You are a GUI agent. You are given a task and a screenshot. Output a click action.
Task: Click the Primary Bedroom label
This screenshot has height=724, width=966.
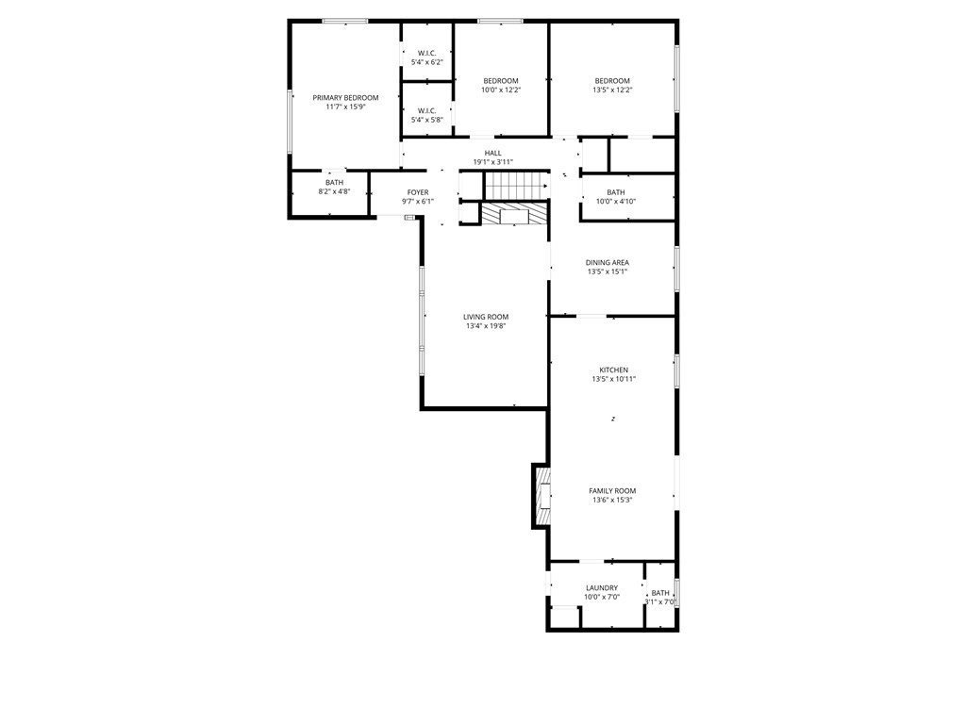[345, 98]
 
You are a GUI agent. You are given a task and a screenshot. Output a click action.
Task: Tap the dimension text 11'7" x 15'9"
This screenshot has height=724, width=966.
[345, 107]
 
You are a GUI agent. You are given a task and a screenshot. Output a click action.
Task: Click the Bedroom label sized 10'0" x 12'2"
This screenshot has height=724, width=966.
[501, 81]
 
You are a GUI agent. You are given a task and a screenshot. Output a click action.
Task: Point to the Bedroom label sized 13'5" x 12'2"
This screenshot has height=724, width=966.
[612, 81]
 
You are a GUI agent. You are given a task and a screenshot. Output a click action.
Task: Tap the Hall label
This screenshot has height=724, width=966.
[493, 153]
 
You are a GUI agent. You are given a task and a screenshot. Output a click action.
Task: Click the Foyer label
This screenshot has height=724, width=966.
[417, 192]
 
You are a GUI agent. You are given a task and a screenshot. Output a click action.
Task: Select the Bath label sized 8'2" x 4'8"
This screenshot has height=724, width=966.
[334, 183]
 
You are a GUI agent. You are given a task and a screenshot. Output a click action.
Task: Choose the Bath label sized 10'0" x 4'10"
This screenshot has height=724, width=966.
[616, 192]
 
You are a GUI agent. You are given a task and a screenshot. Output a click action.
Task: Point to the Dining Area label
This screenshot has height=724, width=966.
[608, 263]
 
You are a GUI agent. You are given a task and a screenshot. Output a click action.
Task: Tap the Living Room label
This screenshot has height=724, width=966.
[486, 317]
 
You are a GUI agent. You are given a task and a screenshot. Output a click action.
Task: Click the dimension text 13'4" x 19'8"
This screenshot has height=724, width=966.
[486, 326]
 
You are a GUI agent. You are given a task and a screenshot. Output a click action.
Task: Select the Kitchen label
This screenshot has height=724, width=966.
[613, 370]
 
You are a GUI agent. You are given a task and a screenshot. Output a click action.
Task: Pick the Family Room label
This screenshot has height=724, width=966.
[612, 491]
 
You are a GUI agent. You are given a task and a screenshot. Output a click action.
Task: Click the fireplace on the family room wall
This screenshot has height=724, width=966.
[541, 496]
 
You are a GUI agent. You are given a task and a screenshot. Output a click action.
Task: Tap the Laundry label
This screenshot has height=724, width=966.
[602, 588]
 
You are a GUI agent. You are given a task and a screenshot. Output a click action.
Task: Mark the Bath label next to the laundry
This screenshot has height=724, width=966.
[660, 593]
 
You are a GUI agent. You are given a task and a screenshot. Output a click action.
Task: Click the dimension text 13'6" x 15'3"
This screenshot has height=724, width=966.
[612, 501]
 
